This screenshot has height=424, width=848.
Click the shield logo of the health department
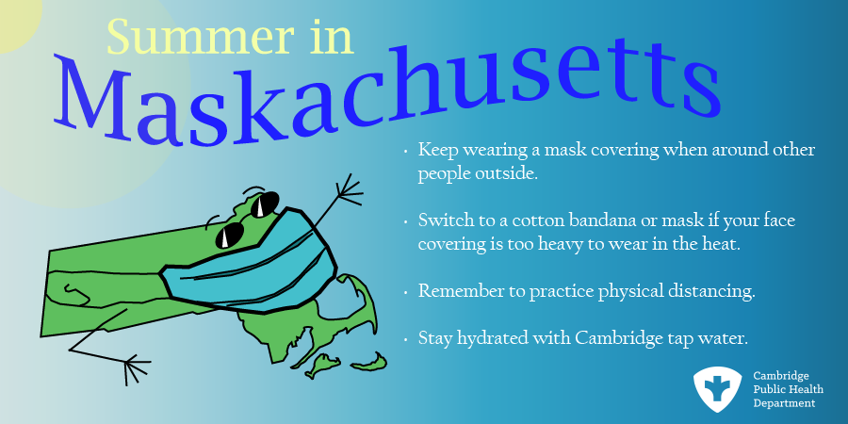click(x=717, y=389)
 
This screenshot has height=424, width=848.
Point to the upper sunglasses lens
click(x=263, y=204)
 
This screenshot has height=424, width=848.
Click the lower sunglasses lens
click(x=231, y=236)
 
